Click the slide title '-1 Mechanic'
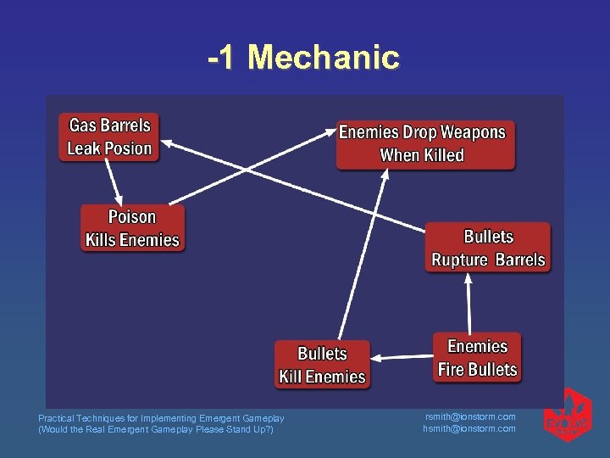303,58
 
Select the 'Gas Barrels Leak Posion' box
109,137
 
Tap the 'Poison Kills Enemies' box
132,228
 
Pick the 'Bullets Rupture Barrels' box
488,248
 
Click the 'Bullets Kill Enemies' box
322,365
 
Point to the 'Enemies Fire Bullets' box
477,358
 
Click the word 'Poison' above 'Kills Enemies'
132,217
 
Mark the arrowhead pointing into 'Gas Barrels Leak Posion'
164,142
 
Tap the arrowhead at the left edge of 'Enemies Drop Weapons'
332,131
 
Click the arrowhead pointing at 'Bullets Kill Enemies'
376,359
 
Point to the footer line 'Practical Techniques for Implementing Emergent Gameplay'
161,418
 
